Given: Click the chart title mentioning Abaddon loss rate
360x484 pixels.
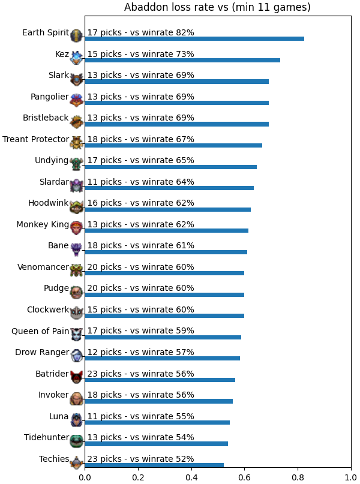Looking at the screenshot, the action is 217,7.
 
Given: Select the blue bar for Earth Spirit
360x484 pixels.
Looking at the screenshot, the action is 194,38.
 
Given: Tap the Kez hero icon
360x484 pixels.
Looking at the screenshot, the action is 76,58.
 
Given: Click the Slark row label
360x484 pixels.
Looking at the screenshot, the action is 59,75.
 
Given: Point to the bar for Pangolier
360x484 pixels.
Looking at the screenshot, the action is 176,103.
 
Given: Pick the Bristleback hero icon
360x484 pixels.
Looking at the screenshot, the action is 76,122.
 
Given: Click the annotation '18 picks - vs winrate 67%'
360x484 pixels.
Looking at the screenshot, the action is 141,139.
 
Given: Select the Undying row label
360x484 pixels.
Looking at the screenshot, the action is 52,161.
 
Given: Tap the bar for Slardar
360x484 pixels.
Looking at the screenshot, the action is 169,188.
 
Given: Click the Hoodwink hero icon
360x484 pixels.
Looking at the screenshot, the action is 76,207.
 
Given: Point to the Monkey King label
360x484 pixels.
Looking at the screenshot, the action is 43,224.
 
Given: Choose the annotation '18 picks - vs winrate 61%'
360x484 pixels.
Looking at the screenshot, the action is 141,245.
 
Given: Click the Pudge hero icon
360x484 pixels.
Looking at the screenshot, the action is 76,292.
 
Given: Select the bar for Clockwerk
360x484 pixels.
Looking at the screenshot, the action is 164,316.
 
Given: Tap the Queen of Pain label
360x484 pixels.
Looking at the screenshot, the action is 40,331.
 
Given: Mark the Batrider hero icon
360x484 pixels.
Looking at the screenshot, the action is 76,377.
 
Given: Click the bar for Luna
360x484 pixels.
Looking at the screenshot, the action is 157,423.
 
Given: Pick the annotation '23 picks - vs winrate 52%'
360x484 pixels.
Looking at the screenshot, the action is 141,459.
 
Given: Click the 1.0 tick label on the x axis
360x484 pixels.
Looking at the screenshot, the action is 351,477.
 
